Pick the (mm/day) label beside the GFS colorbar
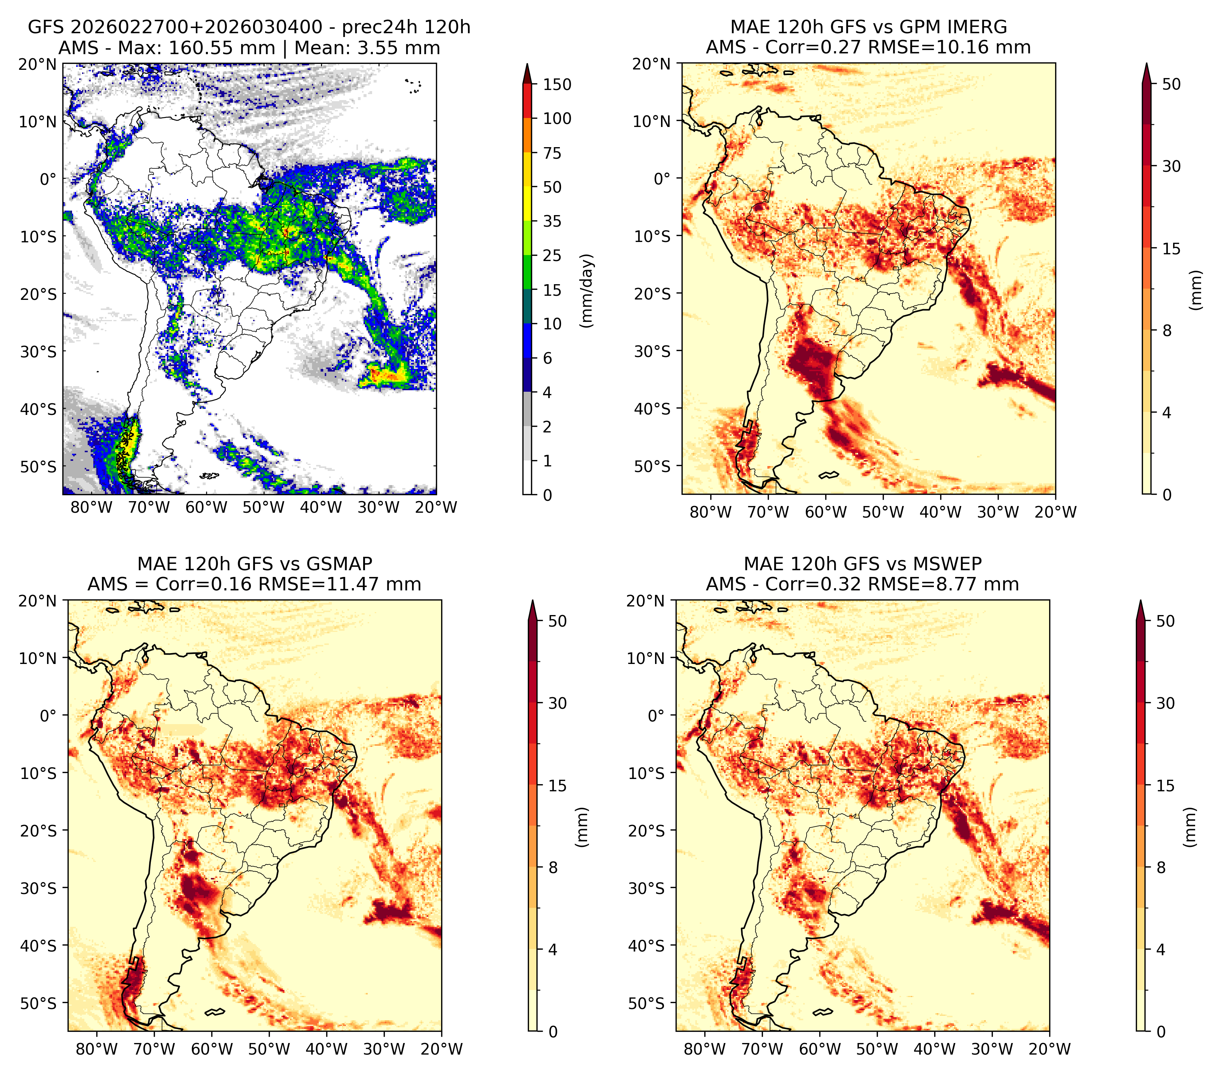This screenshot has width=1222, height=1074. (x=588, y=291)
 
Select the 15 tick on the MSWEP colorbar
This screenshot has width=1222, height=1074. (x=1165, y=786)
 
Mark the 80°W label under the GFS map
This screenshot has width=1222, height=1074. (x=91, y=507)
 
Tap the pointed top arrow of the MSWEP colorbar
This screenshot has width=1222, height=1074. (x=1141, y=609)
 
